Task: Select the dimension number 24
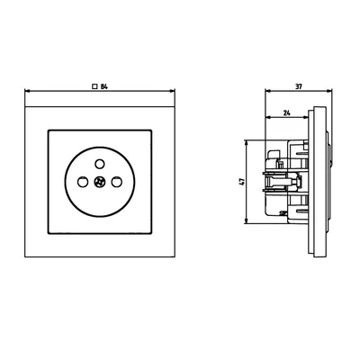[x=286, y=114]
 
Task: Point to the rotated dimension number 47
[x=241, y=181]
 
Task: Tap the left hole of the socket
[x=80, y=182]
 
